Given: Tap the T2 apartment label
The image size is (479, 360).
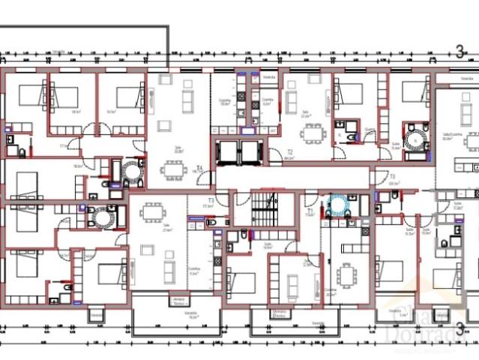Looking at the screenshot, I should click(x=289, y=151).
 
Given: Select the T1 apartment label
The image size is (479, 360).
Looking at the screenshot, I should click(x=310, y=212).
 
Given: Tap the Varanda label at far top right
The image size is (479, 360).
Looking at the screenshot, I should click(x=466, y=76).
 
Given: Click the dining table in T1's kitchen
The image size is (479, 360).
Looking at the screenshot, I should click(x=347, y=276).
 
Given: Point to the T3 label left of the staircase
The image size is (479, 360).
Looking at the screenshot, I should click(x=211, y=200).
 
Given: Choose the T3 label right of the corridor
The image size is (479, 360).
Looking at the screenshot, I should click(x=392, y=176).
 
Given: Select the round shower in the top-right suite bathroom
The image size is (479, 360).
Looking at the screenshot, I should click(x=413, y=139).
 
